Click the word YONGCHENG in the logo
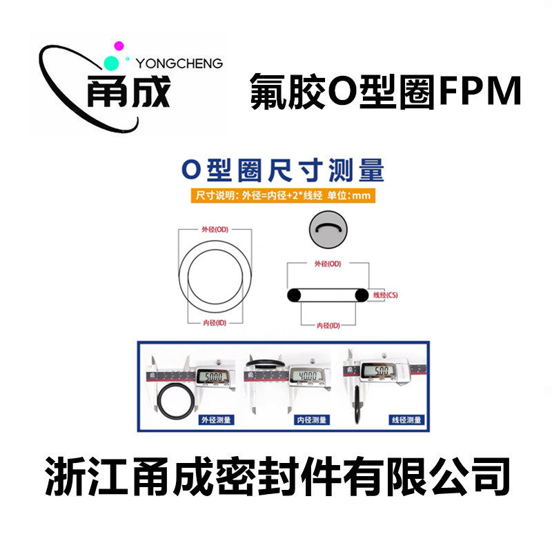coord(180,63)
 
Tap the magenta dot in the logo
coord(119,46)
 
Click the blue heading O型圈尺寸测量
coord(282,170)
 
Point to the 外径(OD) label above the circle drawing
coord(214,229)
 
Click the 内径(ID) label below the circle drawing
coord(215,322)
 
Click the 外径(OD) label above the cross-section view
coord(328,264)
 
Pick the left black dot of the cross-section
coord(294,295)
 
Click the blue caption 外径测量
coord(215,420)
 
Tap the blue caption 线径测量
coord(404,420)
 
